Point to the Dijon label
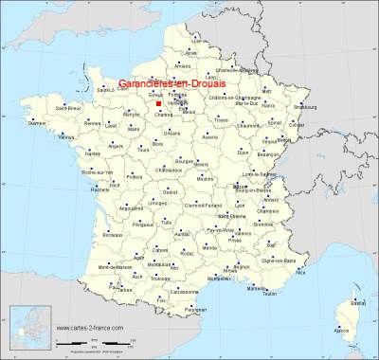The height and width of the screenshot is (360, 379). pyautogui.click(x=244, y=152)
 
